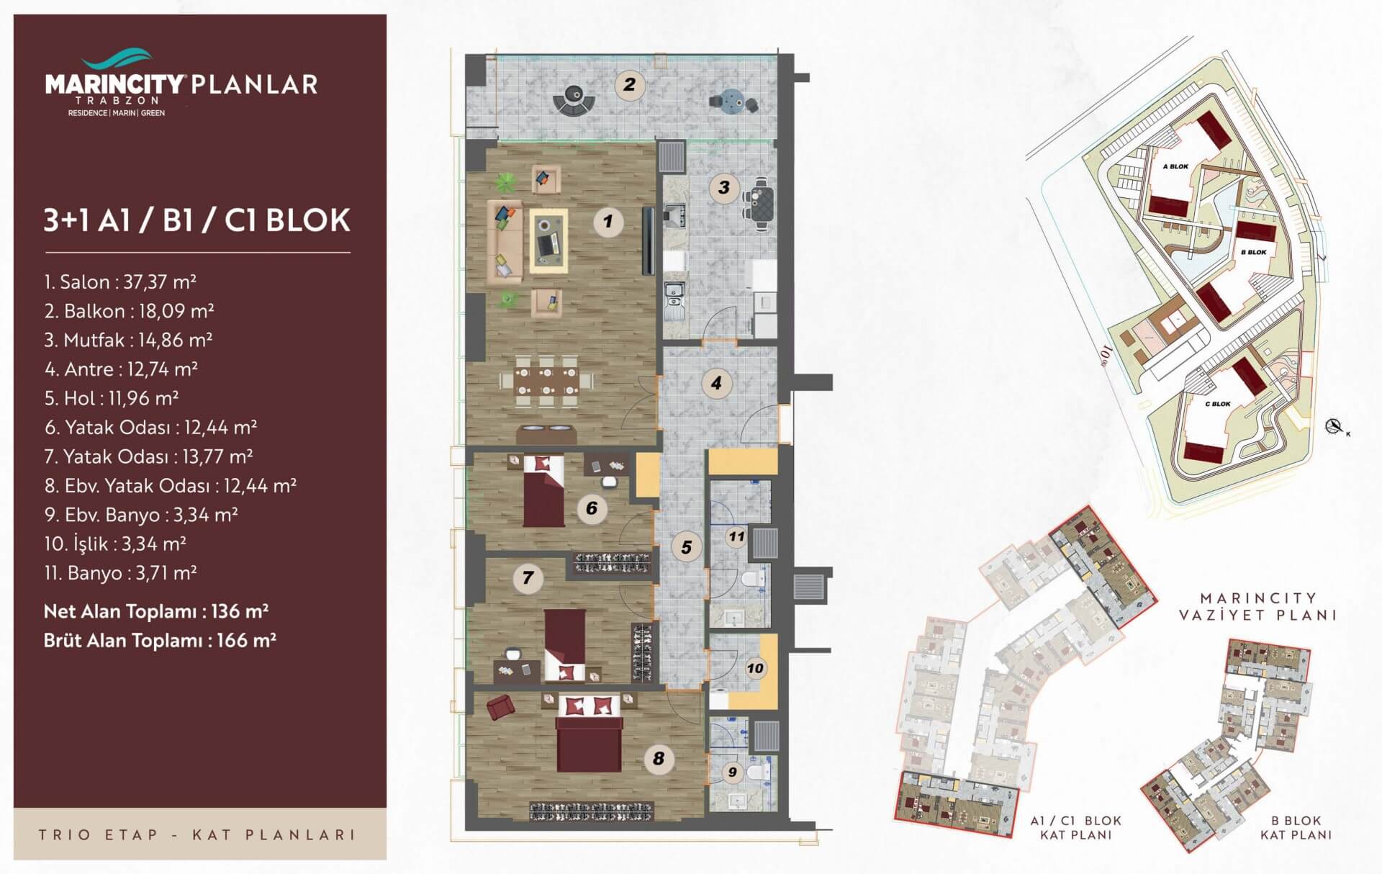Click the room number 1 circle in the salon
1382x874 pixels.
click(608, 221)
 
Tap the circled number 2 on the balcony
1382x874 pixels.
click(630, 85)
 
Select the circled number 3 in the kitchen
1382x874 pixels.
click(724, 188)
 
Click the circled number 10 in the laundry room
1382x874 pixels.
click(755, 668)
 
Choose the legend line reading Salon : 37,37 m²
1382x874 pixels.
click(120, 281)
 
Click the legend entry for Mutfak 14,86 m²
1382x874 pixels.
click(128, 340)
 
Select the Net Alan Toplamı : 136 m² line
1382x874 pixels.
click(156, 611)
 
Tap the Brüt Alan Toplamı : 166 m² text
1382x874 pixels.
click(160, 640)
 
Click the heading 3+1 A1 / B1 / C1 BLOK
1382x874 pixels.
click(197, 220)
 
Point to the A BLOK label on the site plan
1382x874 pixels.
click(1176, 166)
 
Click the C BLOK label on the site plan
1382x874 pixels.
click(1218, 404)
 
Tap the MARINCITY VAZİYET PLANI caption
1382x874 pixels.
click(1257, 606)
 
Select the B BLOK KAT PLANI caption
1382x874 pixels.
click(1296, 827)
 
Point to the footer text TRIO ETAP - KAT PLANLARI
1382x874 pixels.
click(198, 835)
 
